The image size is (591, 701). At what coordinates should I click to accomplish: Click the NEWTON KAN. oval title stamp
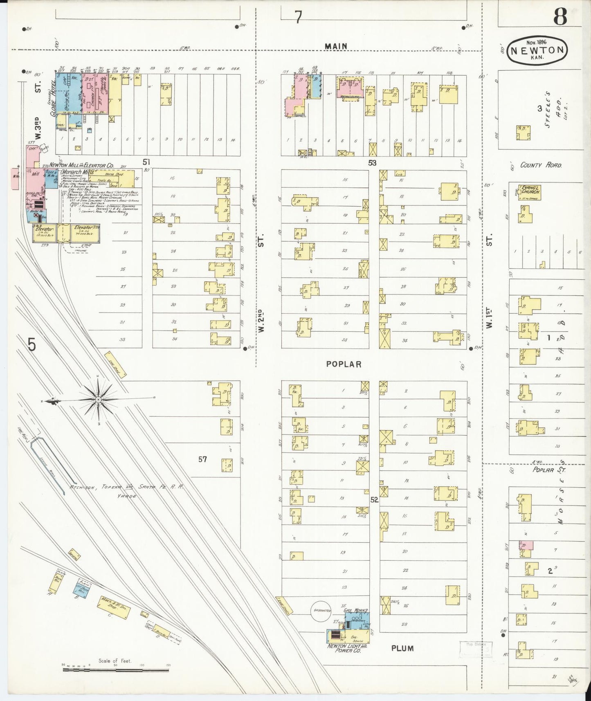[537, 51]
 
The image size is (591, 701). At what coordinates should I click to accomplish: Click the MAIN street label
[336, 46]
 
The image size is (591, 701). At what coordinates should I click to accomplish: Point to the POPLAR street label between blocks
[344, 364]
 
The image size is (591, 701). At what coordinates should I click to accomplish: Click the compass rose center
[99, 398]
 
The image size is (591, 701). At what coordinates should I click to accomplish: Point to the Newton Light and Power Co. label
[346, 649]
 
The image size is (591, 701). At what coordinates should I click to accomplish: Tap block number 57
[203, 459]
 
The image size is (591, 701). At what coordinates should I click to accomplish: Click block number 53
[372, 163]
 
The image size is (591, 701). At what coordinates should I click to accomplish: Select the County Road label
[541, 165]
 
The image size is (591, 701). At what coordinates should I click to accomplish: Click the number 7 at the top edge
[299, 17]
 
